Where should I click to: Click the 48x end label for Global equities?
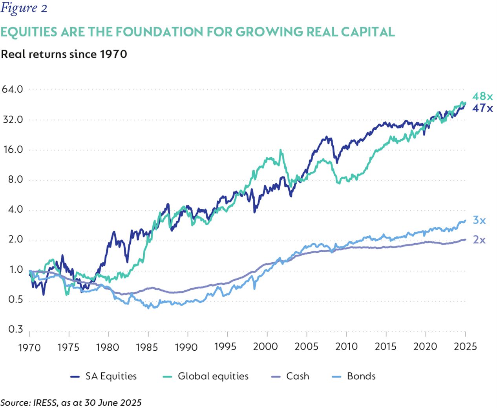point(482,96)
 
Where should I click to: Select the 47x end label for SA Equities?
point(482,108)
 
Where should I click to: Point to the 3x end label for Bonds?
point(479,220)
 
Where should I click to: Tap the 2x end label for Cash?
point(479,240)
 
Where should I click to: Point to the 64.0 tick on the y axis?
point(13,89)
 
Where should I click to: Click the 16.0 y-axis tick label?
point(13,149)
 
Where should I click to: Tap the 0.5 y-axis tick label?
point(15,300)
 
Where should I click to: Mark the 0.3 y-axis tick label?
point(15,329)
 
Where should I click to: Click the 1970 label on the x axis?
point(29,347)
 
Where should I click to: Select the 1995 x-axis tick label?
point(225,346)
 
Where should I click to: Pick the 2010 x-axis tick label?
point(346,346)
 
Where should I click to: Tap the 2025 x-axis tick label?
point(465,346)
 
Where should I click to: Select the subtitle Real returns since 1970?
point(64,54)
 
